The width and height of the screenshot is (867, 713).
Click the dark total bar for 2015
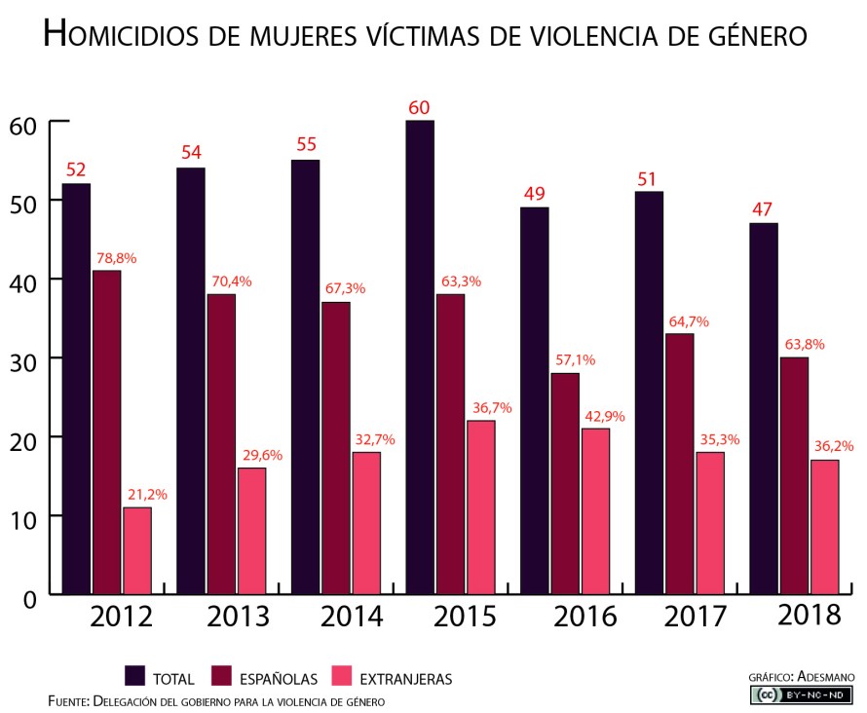[x=421, y=356]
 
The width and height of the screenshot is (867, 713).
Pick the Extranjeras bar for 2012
[x=137, y=550]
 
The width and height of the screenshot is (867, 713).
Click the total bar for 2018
[x=764, y=408]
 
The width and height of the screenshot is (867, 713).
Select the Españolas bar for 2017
[x=679, y=464]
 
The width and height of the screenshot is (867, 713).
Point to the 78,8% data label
[x=116, y=258]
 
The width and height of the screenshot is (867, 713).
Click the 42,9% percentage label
[x=604, y=416]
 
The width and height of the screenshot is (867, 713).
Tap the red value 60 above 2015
[x=420, y=107]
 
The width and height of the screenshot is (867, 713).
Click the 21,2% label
[x=147, y=495]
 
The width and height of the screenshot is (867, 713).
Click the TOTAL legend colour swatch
[x=136, y=676]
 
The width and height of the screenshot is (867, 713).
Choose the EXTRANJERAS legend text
[x=405, y=678]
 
